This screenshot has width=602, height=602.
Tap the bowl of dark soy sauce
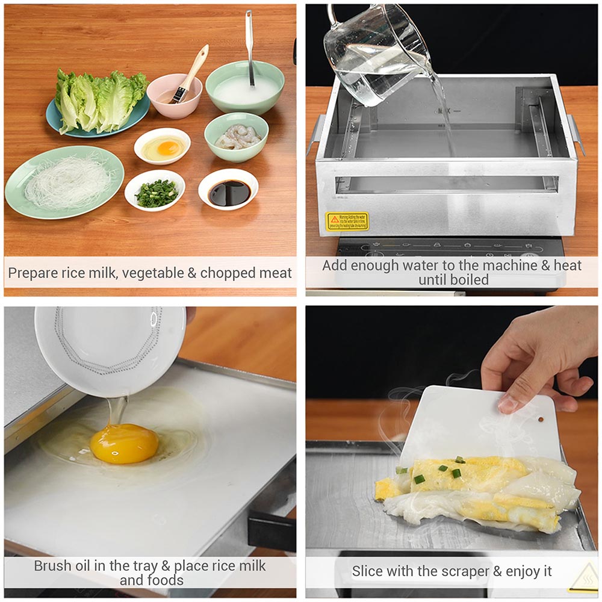(x=229, y=192)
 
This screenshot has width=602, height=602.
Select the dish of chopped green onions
(x=155, y=192)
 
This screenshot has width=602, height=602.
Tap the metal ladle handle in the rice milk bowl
(x=249, y=42)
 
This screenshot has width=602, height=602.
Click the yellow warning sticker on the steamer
(x=347, y=221)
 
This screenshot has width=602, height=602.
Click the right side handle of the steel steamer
(x=577, y=135)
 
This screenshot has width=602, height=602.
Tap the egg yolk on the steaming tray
(x=125, y=443)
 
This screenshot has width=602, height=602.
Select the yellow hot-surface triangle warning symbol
(x=582, y=579)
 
